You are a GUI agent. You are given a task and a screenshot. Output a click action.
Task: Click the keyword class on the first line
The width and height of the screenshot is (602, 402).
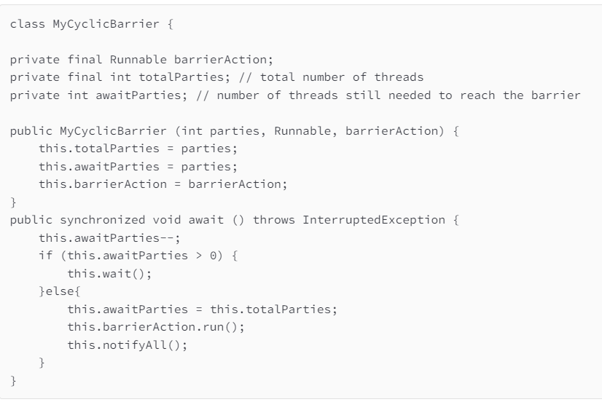pyautogui.click(x=26, y=25)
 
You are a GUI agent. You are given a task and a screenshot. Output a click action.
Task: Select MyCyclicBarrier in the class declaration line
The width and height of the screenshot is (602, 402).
pyautogui.click(x=91, y=25)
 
